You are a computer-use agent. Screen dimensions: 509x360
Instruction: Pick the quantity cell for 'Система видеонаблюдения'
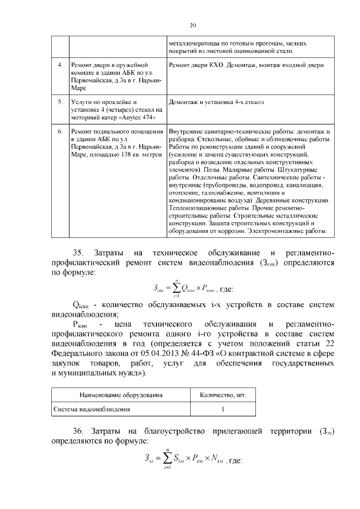223,409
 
